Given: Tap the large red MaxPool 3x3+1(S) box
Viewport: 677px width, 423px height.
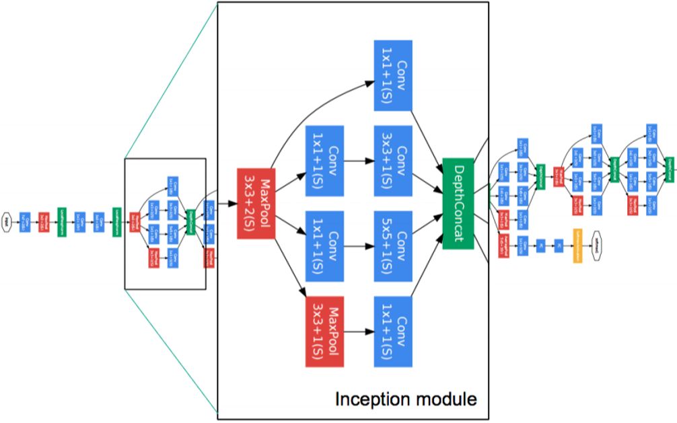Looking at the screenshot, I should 325,332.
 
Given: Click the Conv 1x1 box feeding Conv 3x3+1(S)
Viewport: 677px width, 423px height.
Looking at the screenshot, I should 325,160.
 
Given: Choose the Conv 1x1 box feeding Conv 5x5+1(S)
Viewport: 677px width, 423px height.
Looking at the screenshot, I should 325,246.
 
